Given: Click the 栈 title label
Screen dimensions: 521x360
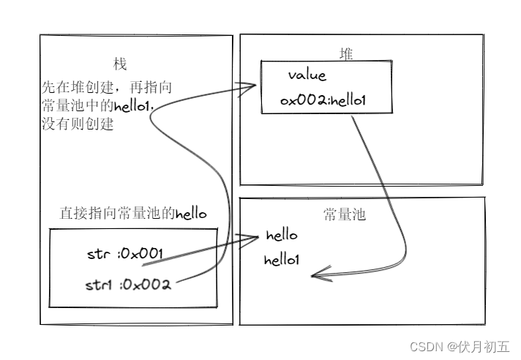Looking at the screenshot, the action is click(120, 65).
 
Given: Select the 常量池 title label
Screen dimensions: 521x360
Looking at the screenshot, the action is click(345, 214).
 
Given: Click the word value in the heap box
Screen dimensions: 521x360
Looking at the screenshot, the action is click(307, 75).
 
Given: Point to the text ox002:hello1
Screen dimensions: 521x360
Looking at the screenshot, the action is click(323, 100).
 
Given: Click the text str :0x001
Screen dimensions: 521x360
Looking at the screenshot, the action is click(124, 254).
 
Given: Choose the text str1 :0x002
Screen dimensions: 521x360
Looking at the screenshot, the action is click(129, 285).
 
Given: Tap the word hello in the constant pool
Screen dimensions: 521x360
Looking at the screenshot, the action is click(282, 236).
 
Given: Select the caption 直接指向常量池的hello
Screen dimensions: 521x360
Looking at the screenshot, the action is click(133, 214).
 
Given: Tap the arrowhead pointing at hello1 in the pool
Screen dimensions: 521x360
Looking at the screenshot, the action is click(317, 276).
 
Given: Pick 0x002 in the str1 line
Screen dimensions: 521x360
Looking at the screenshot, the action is click(149, 285).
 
